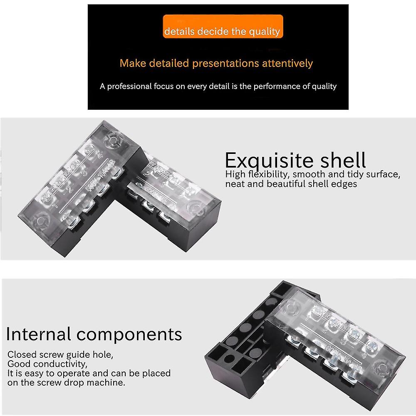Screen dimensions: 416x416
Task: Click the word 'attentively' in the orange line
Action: pos(287,64)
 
